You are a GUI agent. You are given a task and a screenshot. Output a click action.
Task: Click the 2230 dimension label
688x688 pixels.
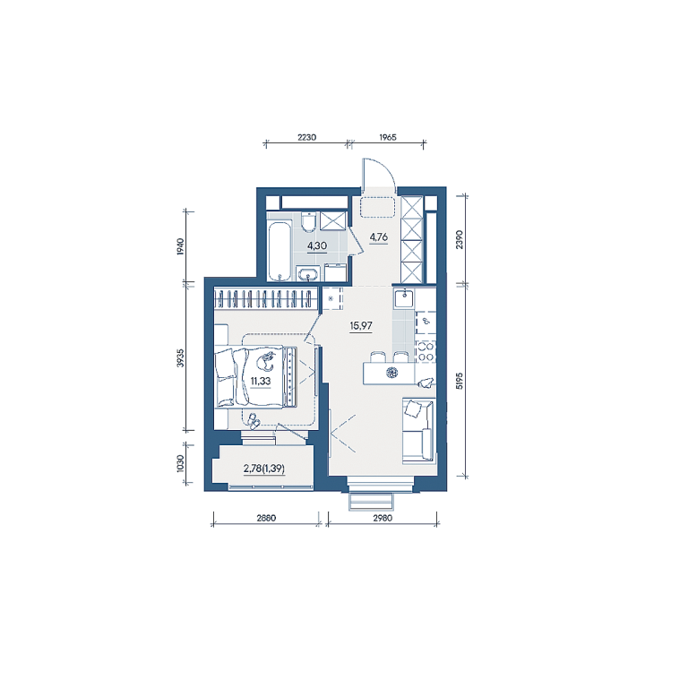(306, 137)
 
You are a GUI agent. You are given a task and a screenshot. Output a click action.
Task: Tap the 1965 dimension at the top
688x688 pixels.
(388, 137)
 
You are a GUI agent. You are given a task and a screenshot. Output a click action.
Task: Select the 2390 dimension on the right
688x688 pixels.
(460, 239)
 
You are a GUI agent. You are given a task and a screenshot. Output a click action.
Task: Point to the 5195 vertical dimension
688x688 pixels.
(460, 381)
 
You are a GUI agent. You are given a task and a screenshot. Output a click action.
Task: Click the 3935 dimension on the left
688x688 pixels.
(180, 357)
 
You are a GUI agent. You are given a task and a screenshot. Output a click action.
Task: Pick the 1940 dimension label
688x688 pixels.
(180, 247)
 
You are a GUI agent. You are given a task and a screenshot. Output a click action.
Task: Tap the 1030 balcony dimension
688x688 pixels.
(180, 463)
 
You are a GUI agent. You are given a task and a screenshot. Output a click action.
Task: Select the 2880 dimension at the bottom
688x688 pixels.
(266, 518)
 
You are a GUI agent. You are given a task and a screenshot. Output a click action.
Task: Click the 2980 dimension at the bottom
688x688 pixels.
(383, 518)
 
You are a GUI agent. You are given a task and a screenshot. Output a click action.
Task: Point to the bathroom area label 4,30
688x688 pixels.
(317, 245)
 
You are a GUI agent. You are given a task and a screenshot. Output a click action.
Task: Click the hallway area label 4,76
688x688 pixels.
(379, 236)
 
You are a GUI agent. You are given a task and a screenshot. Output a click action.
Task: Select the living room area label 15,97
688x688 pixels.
(361, 325)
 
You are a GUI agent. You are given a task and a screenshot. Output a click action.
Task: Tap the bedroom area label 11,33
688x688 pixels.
(261, 381)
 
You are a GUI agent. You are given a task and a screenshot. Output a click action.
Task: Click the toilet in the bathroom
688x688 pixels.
(309, 221)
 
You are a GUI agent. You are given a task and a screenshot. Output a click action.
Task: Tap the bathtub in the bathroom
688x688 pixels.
(279, 252)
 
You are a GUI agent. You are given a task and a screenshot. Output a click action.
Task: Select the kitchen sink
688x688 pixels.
(404, 299)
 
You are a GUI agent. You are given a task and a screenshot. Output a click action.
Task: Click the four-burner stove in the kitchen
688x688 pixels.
(426, 352)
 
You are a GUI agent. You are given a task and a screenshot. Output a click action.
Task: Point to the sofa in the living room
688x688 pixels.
(418, 430)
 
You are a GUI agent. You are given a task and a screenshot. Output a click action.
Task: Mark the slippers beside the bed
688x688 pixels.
(254, 421)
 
